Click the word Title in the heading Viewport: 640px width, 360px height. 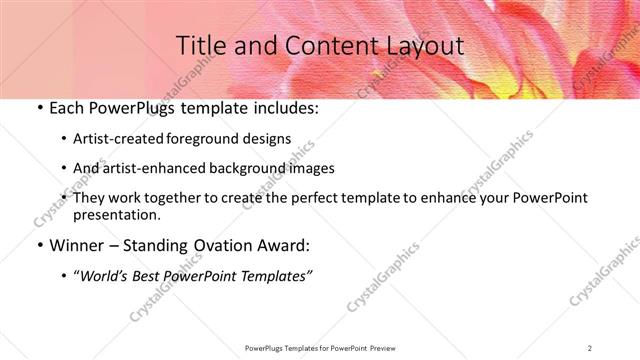(200, 46)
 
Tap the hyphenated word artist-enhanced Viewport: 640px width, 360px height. (159, 168)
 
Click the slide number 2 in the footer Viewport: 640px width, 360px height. (589, 347)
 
